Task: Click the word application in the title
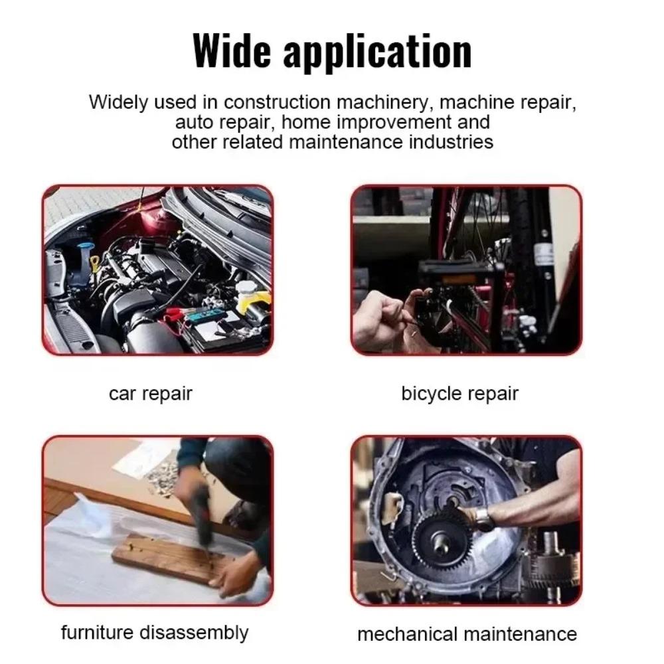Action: coord(377,50)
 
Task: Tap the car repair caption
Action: coord(150,393)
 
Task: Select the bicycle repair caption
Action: coord(459,393)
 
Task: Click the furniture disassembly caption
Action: coord(154,632)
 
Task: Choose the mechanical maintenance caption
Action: coord(467,634)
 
